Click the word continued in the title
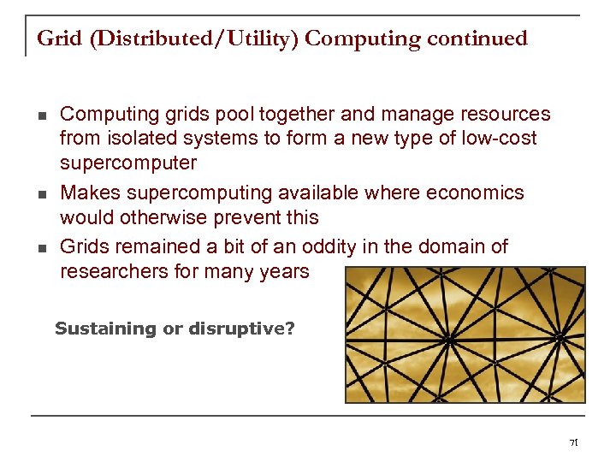coord(482,39)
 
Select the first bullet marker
coord(41,115)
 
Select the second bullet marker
coord(41,194)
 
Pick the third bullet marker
coord(41,248)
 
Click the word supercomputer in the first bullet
coord(128,163)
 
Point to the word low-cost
coord(500,139)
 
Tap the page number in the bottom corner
coord(573,442)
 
